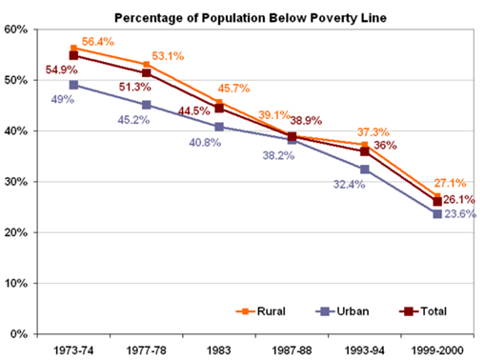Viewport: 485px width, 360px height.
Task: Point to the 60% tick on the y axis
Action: [x=14, y=30]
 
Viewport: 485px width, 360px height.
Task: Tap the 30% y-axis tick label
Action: [x=14, y=182]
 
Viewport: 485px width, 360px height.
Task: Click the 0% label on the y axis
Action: [x=18, y=334]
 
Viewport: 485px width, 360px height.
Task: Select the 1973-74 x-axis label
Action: [x=73, y=350]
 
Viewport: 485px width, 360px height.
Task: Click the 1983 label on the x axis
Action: [x=219, y=350]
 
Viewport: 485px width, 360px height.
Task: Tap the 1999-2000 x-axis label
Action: [x=436, y=350]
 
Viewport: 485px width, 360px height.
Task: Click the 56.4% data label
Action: [x=99, y=42]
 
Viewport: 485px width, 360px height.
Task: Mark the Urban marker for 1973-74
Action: [x=73, y=85]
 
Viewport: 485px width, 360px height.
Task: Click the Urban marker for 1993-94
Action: [x=365, y=170]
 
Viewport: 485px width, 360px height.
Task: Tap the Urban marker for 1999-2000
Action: [x=437, y=214]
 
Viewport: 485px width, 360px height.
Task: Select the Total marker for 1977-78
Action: [x=146, y=73]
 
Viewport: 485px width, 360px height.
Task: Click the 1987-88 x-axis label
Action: [x=292, y=350]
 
